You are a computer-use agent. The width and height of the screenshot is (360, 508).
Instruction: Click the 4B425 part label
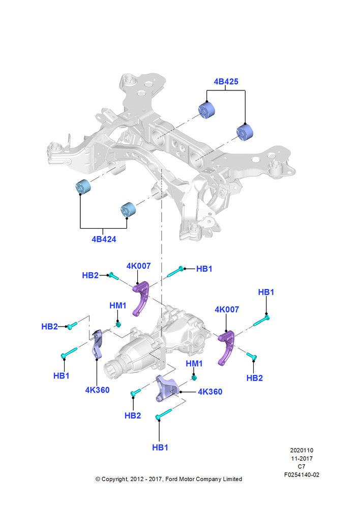226,82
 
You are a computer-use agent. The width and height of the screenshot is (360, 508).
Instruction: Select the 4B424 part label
104,239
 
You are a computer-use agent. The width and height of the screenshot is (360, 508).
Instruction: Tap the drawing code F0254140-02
302,474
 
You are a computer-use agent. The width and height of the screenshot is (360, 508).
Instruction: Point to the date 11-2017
302,458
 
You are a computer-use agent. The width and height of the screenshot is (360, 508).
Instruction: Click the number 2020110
302,450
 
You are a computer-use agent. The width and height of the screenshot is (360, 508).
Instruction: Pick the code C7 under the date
302,466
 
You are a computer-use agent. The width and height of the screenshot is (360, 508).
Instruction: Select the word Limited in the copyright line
232,479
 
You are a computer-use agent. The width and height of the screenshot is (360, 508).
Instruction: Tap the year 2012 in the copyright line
137,479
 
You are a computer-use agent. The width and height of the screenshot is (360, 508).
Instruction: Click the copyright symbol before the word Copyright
98,479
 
